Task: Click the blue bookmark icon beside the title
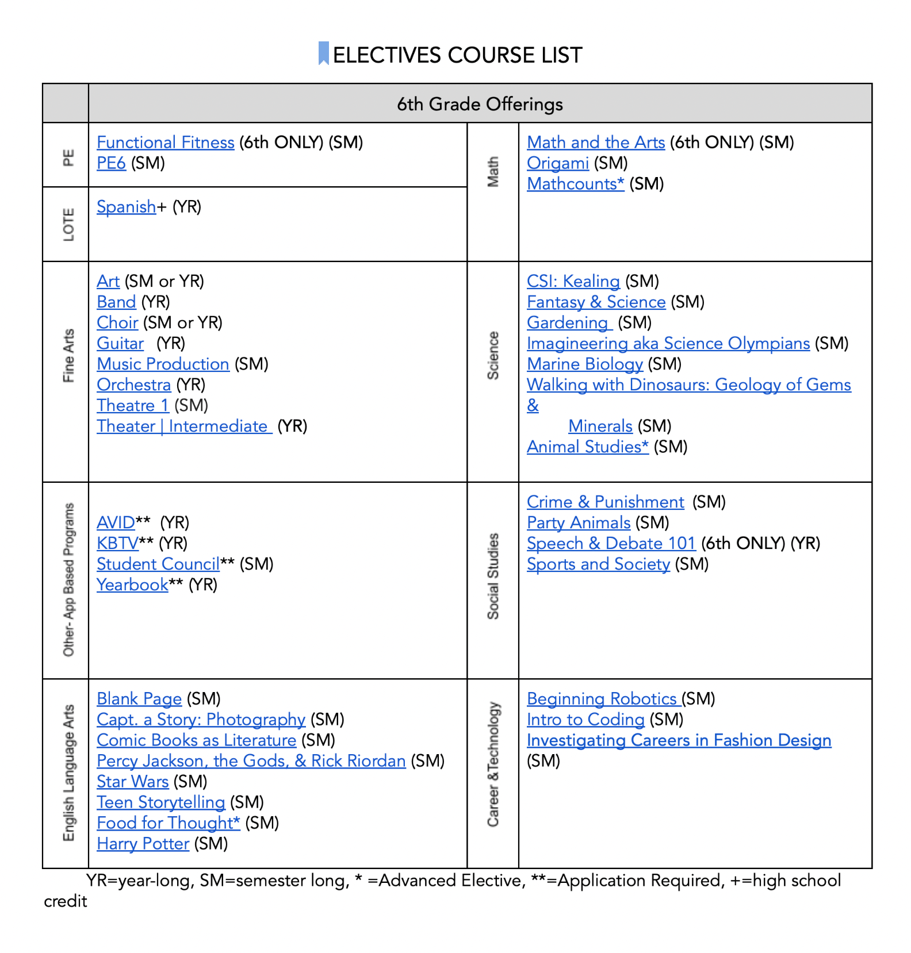(324, 53)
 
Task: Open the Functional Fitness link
(165, 142)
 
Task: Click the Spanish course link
(126, 206)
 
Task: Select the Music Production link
(163, 364)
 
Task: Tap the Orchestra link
(133, 385)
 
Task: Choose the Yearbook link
(132, 585)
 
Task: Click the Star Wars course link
(132, 781)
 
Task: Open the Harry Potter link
(143, 843)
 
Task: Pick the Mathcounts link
(575, 183)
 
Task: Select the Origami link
(557, 163)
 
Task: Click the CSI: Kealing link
(573, 281)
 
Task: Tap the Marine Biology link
(584, 364)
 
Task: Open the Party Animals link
(578, 522)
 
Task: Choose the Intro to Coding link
(585, 719)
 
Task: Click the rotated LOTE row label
(68, 224)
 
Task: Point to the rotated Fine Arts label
(68, 356)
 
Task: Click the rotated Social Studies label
(493, 576)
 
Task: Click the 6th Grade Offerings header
(480, 104)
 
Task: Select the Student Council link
(158, 564)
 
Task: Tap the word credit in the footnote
(65, 901)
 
